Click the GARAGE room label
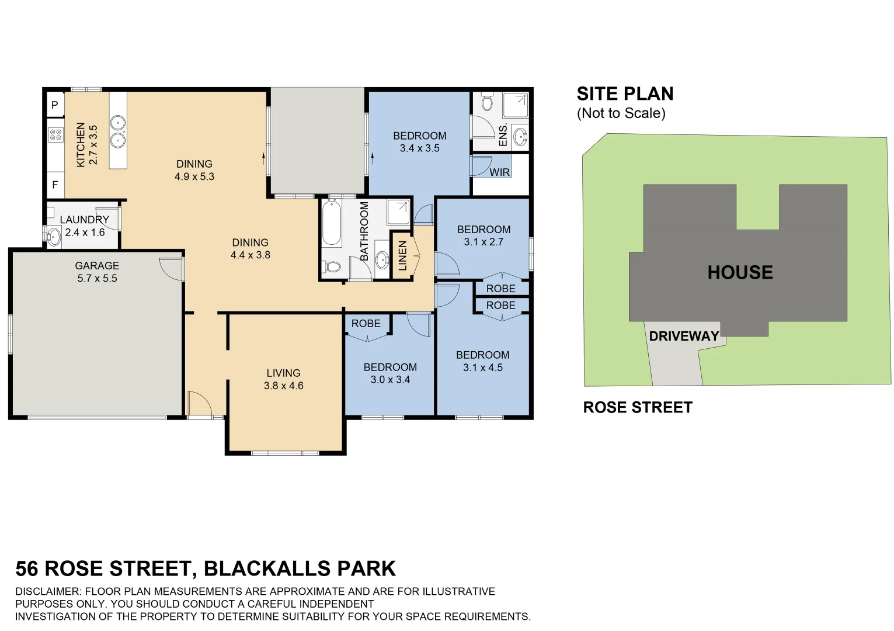(x=97, y=266)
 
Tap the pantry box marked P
(x=55, y=105)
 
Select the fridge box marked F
(x=55, y=185)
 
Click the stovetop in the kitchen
(x=55, y=135)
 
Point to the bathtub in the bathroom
(x=332, y=223)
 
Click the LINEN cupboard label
(x=402, y=256)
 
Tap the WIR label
(x=499, y=172)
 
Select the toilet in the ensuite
(x=487, y=103)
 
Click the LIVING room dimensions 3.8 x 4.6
(x=283, y=386)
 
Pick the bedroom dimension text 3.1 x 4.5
(x=482, y=367)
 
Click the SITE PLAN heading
(x=625, y=94)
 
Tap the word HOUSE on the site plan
(x=740, y=272)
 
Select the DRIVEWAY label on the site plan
(x=684, y=337)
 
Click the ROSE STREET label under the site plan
(x=638, y=407)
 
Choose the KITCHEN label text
(x=81, y=144)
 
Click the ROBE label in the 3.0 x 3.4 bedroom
(x=366, y=324)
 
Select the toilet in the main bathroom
(x=332, y=267)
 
